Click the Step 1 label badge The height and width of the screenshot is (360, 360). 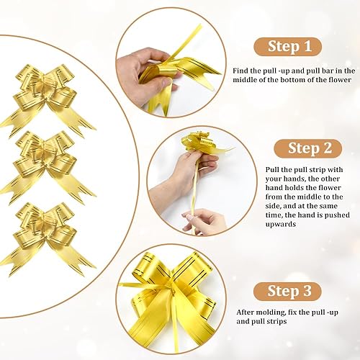287,47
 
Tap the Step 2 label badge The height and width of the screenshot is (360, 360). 308,148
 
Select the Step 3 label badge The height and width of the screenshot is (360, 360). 287,292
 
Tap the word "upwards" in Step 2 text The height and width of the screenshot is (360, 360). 281,225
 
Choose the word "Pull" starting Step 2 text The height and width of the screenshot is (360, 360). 272,170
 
